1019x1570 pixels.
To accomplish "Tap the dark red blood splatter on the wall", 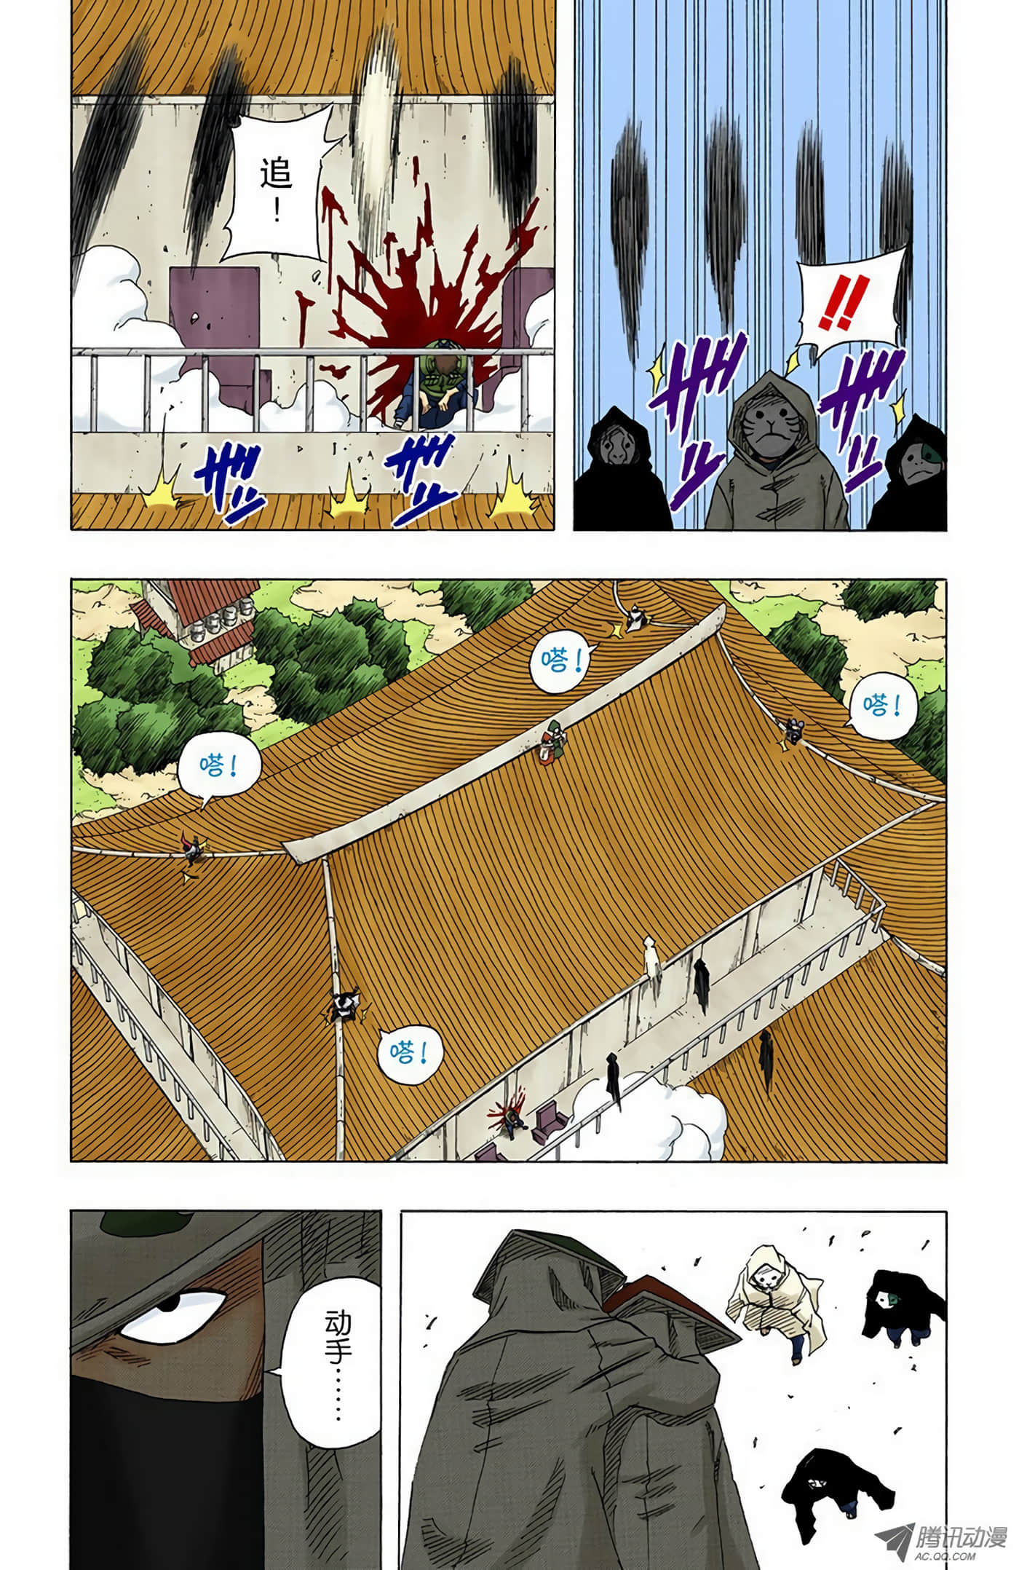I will point(408,299).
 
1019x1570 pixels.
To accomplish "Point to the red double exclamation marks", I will point(842,306).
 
